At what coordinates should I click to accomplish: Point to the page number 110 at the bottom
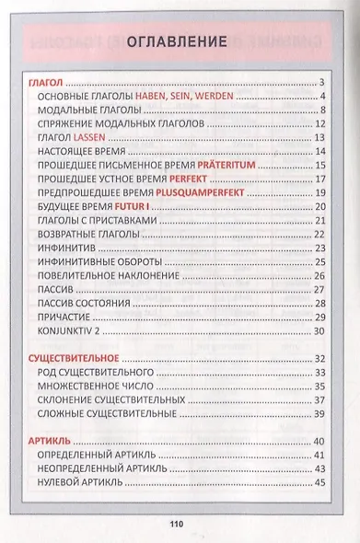click(x=178, y=525)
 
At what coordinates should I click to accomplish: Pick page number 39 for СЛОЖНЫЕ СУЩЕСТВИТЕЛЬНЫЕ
click(x=320, y=414)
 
